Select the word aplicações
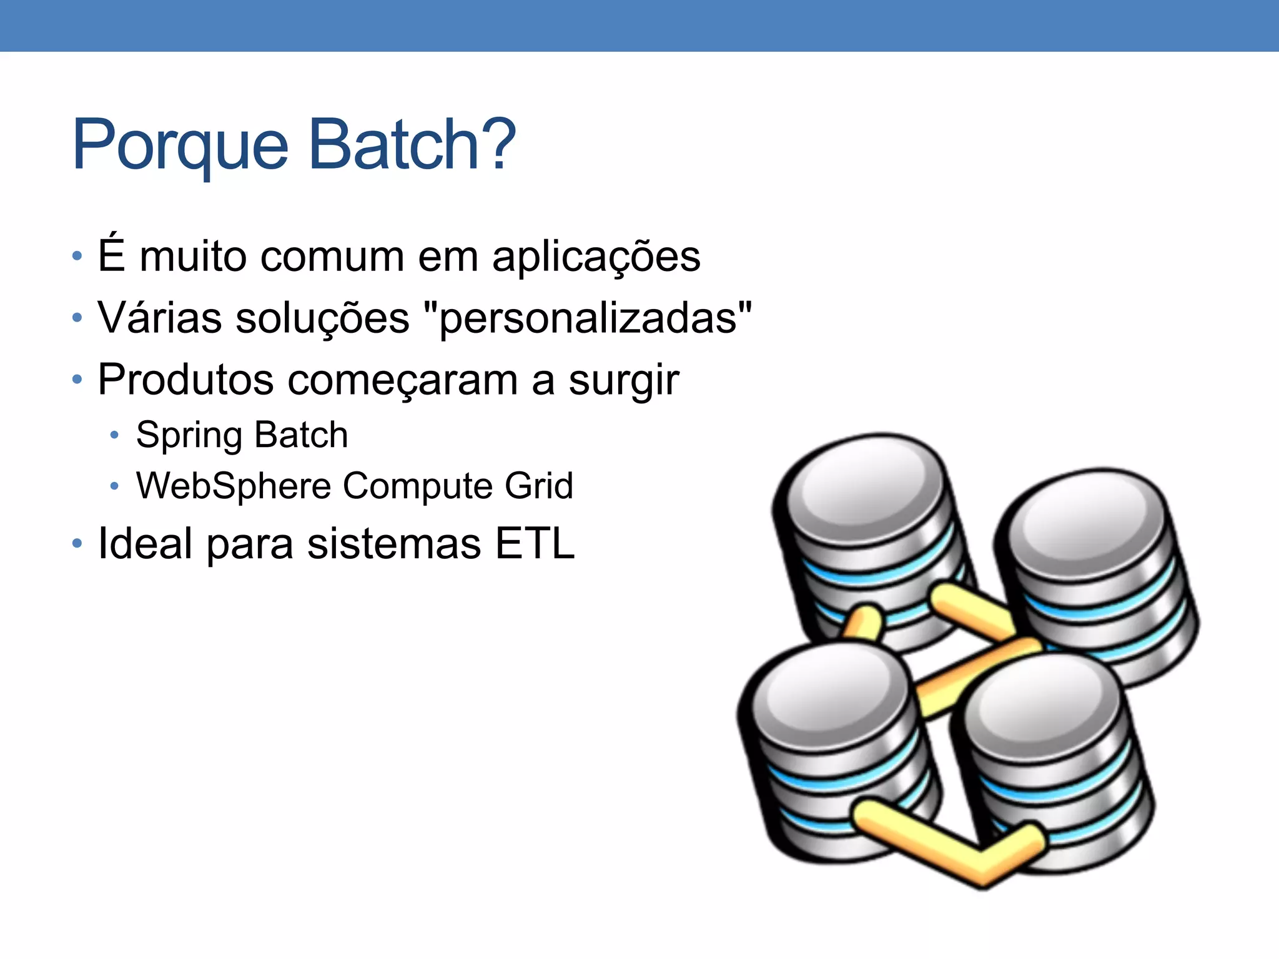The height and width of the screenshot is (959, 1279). pos(596,258)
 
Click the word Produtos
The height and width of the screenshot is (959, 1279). pos(185,380)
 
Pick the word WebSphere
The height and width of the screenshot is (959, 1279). pos(234,486)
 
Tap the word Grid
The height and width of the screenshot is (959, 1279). pos(538,486)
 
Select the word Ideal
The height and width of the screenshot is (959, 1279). pos(145,543)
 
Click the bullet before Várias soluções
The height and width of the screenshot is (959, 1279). pos(77,318)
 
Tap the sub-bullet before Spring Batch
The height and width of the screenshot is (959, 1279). pos(114,435)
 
